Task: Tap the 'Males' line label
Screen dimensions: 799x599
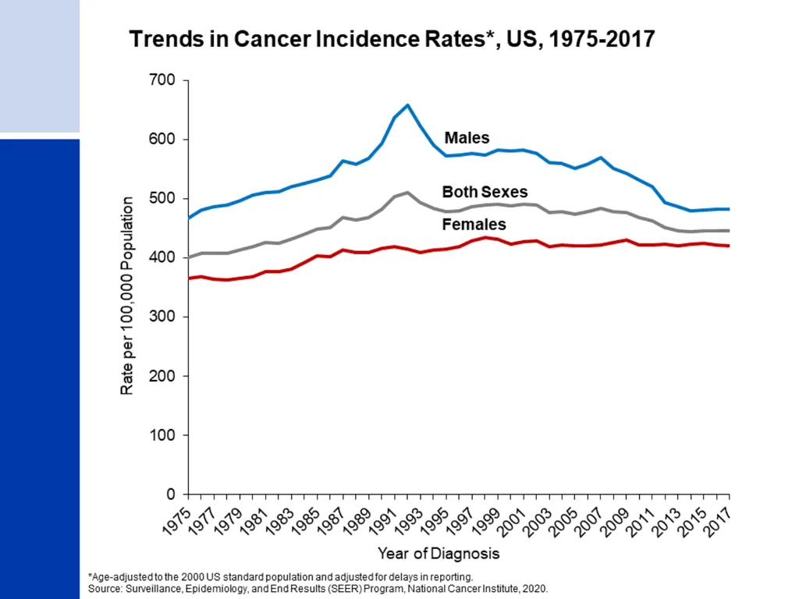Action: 467,137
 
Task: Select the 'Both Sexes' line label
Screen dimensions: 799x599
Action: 485,192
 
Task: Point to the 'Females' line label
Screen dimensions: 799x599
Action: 474,224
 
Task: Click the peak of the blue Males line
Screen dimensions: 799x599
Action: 407,105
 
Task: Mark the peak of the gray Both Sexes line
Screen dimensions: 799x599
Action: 407,193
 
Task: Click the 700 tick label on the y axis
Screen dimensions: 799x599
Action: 162,80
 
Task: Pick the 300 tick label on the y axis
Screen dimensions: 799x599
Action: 162,317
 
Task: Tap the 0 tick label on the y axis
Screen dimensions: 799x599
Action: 171,494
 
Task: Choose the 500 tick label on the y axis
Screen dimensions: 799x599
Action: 162,198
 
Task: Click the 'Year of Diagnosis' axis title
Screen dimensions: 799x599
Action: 439,554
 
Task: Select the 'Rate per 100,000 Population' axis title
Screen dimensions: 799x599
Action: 127,296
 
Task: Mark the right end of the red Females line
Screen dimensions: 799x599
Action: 729,246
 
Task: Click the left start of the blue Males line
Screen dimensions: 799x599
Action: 189,218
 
